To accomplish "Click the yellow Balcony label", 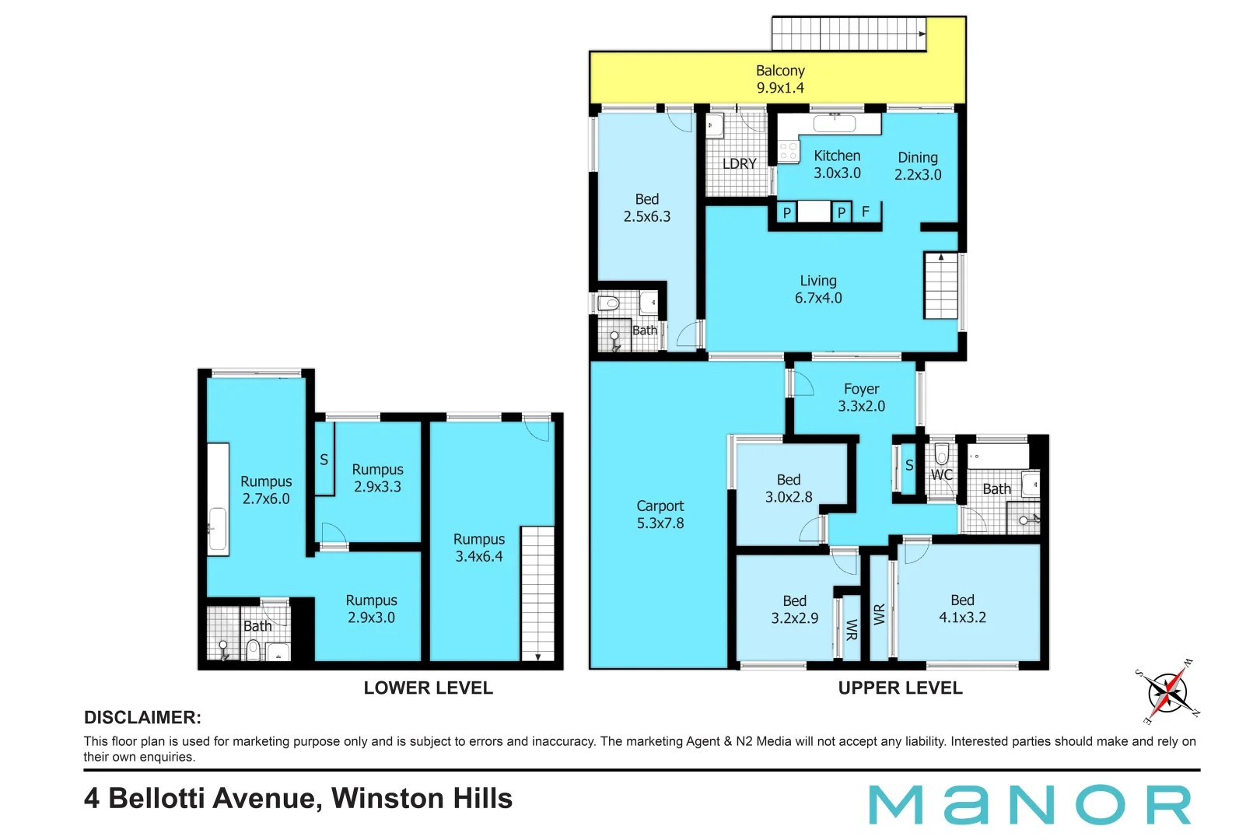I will (x=780, y=79).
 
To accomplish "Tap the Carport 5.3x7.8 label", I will (x=660, y=515).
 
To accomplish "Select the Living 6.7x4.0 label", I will (x=817, y=289).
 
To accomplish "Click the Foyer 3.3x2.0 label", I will (x=861, y=397).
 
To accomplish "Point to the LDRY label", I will (x=739, y=164).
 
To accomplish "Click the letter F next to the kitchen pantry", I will (x=865, y=212).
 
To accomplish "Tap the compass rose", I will (x=1167, y=692).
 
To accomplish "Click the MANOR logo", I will (x=1030, y=805).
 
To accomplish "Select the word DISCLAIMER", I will (x=142, y=717).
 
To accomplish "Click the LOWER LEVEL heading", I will (x=428, y=688).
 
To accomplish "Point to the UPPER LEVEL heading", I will (x=900, y=688).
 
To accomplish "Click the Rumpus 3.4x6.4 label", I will (x=478, y=548).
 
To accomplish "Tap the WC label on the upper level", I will (x=941, y=474).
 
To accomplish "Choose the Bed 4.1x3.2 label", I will (x=962, y=609).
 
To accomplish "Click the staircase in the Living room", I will (x=940, y=285).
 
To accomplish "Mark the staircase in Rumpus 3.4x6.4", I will (x=537, y=593).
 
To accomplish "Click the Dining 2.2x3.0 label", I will (x=918, y=166).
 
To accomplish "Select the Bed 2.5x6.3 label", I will (x=646, y=208).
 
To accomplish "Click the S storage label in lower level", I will (x=324, y=460).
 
